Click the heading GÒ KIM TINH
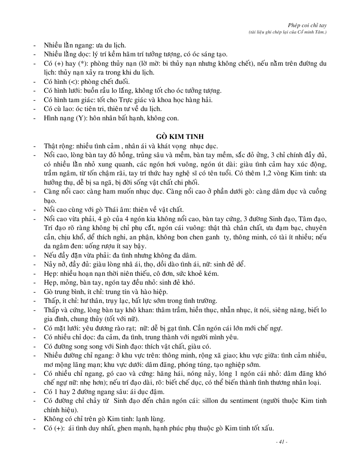180,136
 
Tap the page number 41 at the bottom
281,442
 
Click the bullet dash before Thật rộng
35,146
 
